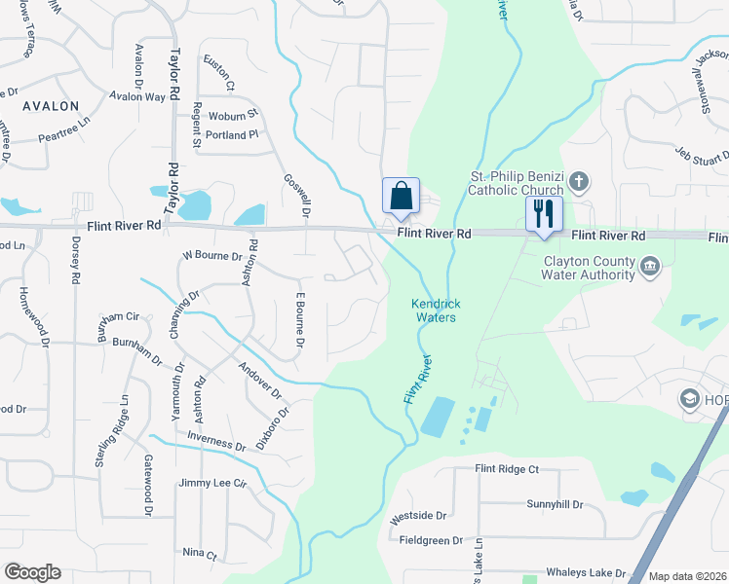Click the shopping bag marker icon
pos(401,196)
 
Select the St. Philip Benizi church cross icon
pos(579,181)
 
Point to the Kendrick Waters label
pos(437,310)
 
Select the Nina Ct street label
pos(199,552)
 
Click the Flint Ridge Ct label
pos(506,469)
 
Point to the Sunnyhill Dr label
pos(554,505)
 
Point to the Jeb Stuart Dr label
pos(702,153)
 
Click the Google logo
pos(32,572)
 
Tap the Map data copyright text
pos(687,576)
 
